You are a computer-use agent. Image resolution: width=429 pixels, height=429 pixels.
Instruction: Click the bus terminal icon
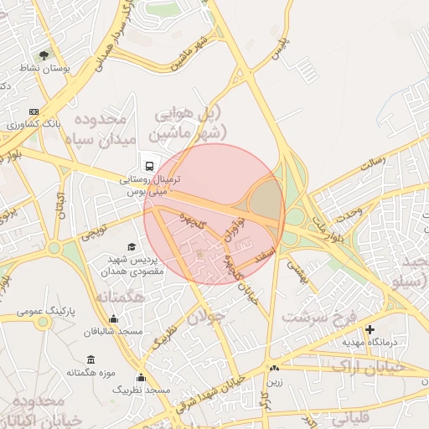pyautogui.click(x=149, y=164)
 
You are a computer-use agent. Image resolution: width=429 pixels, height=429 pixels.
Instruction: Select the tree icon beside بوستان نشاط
pyautogui.click(x=44, y=55)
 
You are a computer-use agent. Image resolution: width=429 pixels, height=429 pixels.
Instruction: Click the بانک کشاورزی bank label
pyautogui.click(x=32, y=124)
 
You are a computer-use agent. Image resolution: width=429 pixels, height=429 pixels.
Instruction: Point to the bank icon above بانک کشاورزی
pyautogui.click(x=34, y=111)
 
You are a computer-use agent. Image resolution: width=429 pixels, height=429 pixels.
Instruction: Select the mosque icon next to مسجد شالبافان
pyautogui.click(x=114, y=318)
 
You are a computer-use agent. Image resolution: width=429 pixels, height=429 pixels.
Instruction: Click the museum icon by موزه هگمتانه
pyautogui.click(x=90, y=359)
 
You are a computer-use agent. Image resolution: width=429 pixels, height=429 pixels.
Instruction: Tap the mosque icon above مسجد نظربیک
pyautogui.click(x=141, y=377)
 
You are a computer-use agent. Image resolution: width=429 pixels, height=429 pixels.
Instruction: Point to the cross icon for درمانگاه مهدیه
pyautogui.click(x=370, y=329)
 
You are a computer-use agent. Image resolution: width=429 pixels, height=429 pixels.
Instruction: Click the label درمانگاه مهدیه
pyautogui.click(x=368, y=343)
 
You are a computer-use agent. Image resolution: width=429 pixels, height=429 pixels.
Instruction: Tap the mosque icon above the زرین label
pyautogui.click(x=274, y=368)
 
